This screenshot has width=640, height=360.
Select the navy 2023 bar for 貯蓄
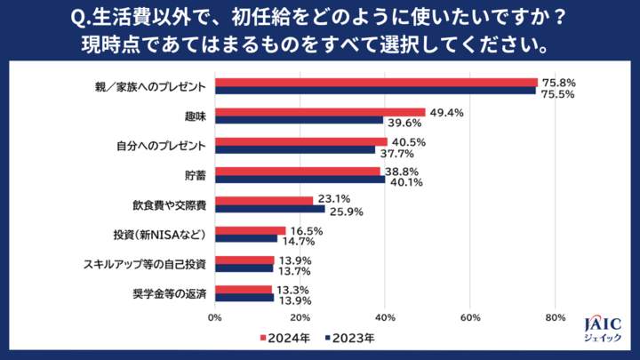pyautogui.click(x=300, y=180)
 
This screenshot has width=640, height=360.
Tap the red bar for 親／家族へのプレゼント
pyautogui.click(x=376, y=83)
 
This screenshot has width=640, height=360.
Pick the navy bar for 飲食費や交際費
pyautogui.click(x=269, y=210)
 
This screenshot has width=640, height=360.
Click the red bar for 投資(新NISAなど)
pyautogui.click(x=250, y=230)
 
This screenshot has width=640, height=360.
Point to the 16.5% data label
pyautogui.click(x=301, y=230)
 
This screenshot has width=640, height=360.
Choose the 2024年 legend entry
pyautogui.click(x=284, y=339)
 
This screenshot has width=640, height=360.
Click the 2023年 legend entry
pyautogui.click(x=350, y=339)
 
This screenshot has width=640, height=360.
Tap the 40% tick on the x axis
pyautogui.click(x=385, y=316)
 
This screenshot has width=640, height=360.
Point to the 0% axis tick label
pyautogui.click(x=214, y=316)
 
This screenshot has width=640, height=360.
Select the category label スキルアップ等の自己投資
pyautogui.click(x=145, y=262)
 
